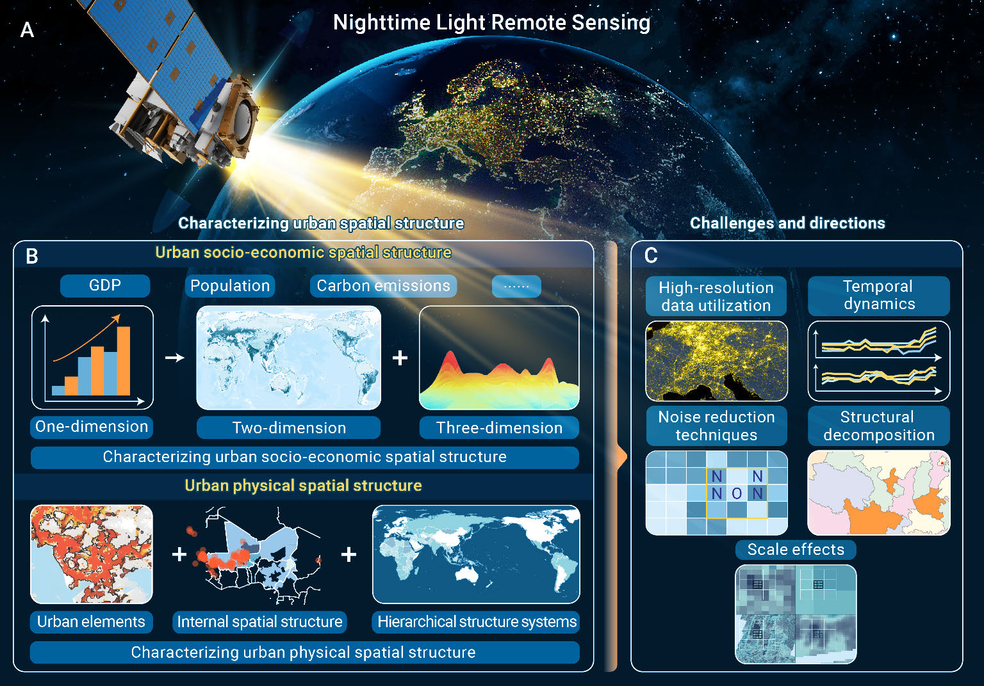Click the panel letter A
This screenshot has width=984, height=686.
pyautogui.click(x=28, y=30)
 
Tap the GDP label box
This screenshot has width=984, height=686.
pyautogui.click(x=105, y=285)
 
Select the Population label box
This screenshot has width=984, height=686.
pyautogui.click(x=230, y=286)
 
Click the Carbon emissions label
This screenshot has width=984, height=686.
pyautogui.click(x=384, y=286)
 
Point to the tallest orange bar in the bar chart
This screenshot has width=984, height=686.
pyautogui.click(x=124, y=361)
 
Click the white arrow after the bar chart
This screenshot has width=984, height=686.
pyautogui.click(x=175, y=358)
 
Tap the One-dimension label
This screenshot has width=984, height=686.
pyautogui.click(x=92, y=427)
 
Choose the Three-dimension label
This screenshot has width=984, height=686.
pyautogui.click(x=499, y=427)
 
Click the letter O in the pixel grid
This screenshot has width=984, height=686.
pyautogui.click(x=737, y=494)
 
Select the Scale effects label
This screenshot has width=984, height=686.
pyautogui.click(x=796, y=550)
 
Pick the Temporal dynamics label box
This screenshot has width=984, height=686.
pyautogui.click(x=878, y=296)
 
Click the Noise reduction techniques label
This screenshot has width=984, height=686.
pyautogui.click(x=716, y=426)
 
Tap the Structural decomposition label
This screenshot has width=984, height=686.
pyautogui.click(x=878, y=426)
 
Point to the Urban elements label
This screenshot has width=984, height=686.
pyautogui.click(x=92, y=622)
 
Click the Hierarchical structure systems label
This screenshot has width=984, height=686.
pyautogui.click(x=476, y=622)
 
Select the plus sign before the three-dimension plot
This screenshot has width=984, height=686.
pyautogui.click(x=400, y=358)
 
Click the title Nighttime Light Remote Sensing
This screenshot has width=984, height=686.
pyautogui.click(x=491, y=22)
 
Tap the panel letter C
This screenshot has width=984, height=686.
pyautogui.click(x=651, y=255)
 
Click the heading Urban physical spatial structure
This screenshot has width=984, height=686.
pyautogui.click(x=303, y=486)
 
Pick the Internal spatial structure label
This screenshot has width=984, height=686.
pyautogui.click(x=259, y=622)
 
